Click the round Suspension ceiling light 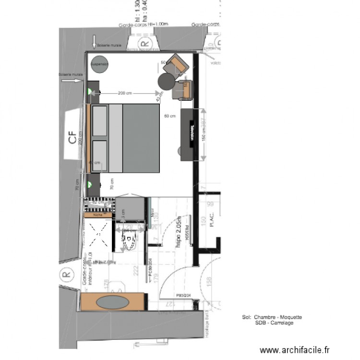[100, 64]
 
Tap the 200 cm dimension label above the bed [126, 93]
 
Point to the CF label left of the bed [72, 139]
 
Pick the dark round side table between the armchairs [167, 81]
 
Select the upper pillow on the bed [99, 121]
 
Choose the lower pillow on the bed [99, 156]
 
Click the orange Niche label [98, 216]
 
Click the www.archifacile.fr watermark [295, 350]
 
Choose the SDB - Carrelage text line [275, 323]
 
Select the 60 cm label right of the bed [169, 116]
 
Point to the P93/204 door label [183, 296]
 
